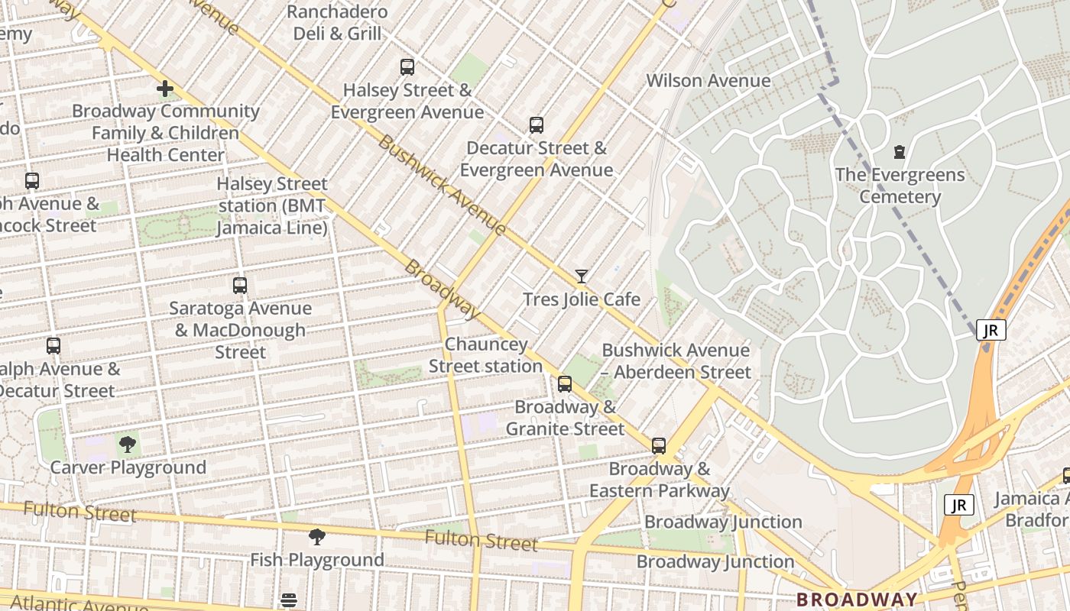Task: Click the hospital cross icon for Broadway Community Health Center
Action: [x=164, y=89]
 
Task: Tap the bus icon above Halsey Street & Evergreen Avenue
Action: [x=407, y=67]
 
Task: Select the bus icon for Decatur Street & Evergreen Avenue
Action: [x=537, y=125]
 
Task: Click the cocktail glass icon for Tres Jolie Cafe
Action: [x=582, y=276]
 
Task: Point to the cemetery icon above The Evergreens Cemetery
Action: [x=900, y=152]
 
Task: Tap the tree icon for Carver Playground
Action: [x=128, y=445]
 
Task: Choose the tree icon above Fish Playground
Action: [x=317, y=537]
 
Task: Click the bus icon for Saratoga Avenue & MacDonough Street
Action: [x=240, y=286]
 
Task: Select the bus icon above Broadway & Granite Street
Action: [x=565, y=384]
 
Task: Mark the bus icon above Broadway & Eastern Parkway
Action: [x=659, y=446]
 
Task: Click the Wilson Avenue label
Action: [x=708, y=81]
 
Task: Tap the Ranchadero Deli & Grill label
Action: [x=338, y=23]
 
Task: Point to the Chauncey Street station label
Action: [x=485, y=356]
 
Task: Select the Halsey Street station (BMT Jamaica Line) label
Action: [x=272, y=206]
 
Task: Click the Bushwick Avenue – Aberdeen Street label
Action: [x=676, y=361]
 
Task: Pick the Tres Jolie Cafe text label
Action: [x=581, y=299]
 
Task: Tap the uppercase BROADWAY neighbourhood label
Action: [x=857, y=600]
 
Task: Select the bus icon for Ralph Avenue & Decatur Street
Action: [x=53, y=346]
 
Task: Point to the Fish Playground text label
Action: [x=317, y=560]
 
